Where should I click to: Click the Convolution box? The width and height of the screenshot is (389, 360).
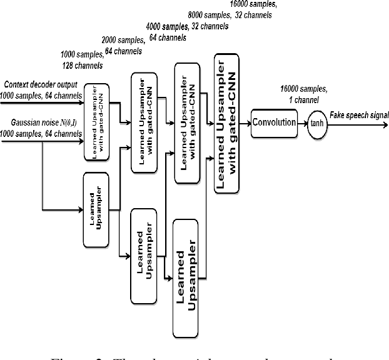pyautogui.click(x=273, y=122)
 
